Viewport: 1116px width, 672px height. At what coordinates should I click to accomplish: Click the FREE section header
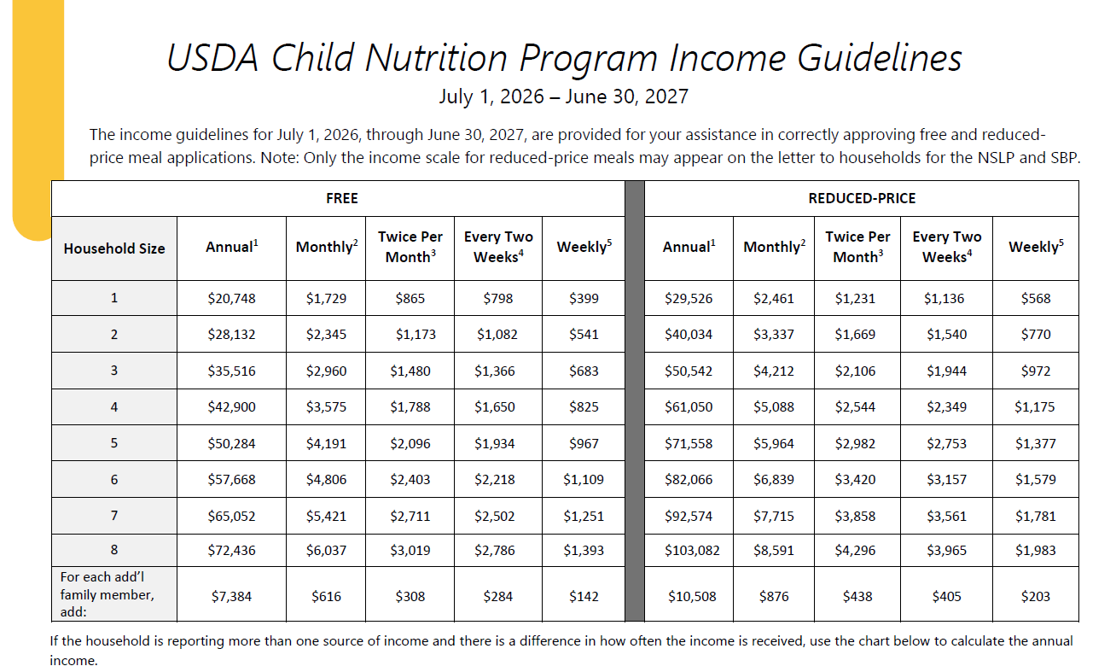[342, 198]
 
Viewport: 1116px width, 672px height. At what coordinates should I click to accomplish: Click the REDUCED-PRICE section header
[862, 198]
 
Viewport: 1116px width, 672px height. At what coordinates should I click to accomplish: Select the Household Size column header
[114, 248]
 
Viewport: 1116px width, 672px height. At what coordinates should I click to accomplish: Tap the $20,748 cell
[232, 298]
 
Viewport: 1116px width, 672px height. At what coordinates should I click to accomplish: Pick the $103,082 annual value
[692, 551]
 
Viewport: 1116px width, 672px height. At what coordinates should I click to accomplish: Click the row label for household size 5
[114, 442]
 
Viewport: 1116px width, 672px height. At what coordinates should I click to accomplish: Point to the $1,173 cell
[416, 334]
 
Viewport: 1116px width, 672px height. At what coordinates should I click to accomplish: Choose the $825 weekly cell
[584, 406]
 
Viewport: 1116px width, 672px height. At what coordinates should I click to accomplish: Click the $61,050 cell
[689, 406]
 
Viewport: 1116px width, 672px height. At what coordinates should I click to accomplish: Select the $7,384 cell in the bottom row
[232, 596]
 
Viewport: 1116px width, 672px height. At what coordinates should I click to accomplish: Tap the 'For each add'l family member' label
[108, 593]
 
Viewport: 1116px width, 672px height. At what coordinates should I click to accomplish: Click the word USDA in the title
[212, 58]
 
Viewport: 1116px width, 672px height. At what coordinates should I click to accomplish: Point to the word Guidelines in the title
[880, 58]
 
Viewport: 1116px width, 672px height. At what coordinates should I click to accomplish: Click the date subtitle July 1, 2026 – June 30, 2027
[563, 96]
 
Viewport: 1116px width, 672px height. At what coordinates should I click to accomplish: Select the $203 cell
[1036, 596]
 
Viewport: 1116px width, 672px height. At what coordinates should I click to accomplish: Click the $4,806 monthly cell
[326, 479]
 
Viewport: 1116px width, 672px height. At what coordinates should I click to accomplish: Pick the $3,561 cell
[946, 516]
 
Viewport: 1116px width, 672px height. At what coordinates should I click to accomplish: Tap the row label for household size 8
[114, 549]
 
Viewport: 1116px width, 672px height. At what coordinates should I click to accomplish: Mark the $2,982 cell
[856, 443]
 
